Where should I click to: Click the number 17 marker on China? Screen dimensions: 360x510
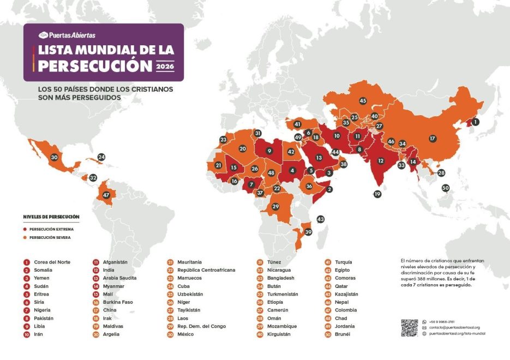click(x=433, y=139)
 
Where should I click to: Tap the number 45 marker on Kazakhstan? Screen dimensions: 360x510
click(x=362, y=101)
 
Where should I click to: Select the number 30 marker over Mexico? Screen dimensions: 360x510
click(x=54, y=158)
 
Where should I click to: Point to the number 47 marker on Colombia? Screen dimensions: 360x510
click(x=106, y=195)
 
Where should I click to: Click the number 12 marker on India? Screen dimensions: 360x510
click(x=381, y=161)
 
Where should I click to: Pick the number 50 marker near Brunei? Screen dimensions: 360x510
click(x=446, y=188)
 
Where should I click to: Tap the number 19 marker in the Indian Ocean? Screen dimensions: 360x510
click(x=377, y=194)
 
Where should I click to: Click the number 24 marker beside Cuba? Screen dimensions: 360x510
click(x=101, y=157)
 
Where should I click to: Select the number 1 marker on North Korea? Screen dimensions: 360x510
click(x=475, y=122)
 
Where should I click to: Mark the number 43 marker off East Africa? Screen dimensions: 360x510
click(x=320, y=219)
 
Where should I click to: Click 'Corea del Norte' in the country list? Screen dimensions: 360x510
click(x=52, y=262)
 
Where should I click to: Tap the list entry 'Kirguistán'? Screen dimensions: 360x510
click(x=280, y=334)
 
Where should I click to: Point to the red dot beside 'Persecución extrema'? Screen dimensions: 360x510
click(x=26, y=229)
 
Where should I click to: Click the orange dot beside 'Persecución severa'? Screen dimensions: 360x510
click(x=26, y=238)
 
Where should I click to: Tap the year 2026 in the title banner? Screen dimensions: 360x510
click(x=164, y=67)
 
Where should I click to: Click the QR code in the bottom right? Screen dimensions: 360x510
click(x=409, y=328)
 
